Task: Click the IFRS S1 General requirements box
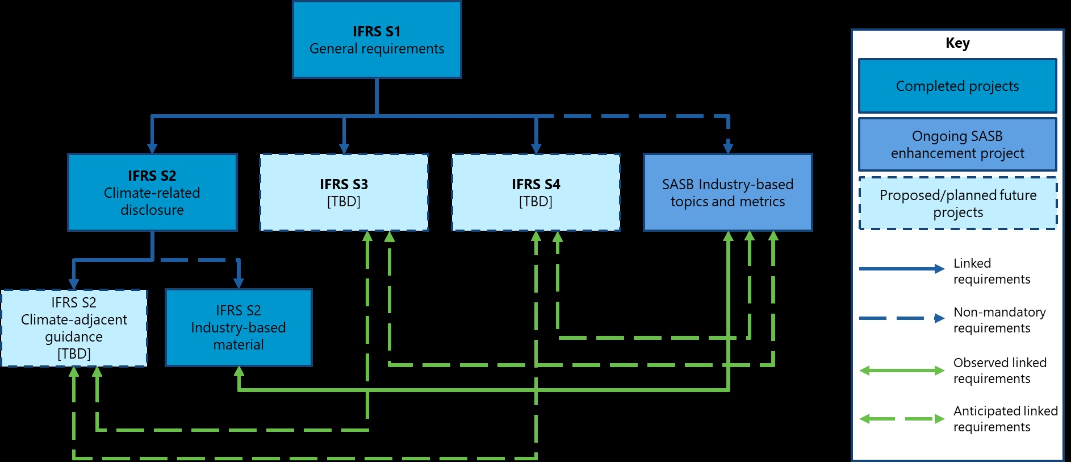pyautogui.click(x=376, y=40)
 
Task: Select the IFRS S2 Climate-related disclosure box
pyautogui.click(x=152, y=192)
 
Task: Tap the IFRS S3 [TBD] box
pyautogui.click(x=344, y=192)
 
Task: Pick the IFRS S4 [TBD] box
pyautogui.click(x=535, y=192)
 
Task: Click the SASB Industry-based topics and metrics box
pyautogui.click(x=727, y=192)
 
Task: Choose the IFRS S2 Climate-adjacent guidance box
pyautogui.click(x=74, y=328)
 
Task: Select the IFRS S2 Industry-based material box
pyautogui.click(x=239, y=327)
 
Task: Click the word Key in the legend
pyautogui.click(x=957, y=43)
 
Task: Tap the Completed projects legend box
pyautogui.click(x=957, y=86)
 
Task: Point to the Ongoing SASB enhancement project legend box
pyautogui.click(x=957, y=144)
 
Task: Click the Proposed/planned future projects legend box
pyautogui.click(x=957, y=203)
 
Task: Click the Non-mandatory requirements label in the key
pyautogui.click(x=999, y=320)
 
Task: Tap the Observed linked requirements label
pyautogui.click(x=999, y=371)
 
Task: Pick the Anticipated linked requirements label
pyautogui.click(x=1005, y=419)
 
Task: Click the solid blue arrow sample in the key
pyautogui.click(x=901, y=269)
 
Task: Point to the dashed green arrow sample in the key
pyautogui.click(x=901, y=419)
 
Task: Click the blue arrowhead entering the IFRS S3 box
pyautogui.click(x=344, y=148)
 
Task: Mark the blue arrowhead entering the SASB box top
pyautogui.click(x=728, y=148)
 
